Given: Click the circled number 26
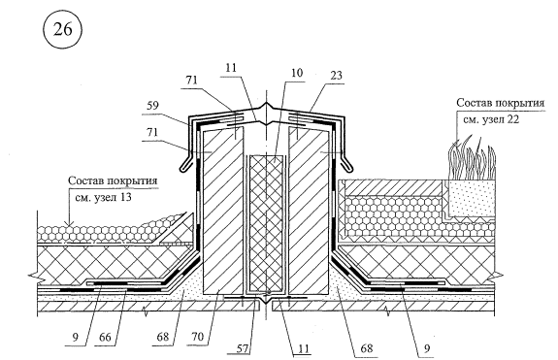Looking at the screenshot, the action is (63, 29).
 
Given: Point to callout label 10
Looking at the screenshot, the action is (296, 73).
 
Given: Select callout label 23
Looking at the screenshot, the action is (336, 75).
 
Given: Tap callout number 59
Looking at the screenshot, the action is (152, 106).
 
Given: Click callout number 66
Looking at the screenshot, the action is (105, 337).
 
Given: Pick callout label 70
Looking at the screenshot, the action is (197, 336).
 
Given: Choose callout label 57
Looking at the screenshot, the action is (243, 348).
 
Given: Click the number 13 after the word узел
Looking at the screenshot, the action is (125, 197).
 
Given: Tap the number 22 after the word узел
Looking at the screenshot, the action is (512, 119).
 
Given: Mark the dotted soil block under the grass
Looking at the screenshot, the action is (469, 197).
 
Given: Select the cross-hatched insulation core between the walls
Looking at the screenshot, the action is (267, 222).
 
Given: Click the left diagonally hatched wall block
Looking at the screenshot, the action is (223, 211).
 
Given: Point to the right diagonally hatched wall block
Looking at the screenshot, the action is (309, 211).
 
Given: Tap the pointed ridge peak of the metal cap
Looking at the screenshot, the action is (266, 104).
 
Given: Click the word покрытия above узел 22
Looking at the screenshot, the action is (520, 103).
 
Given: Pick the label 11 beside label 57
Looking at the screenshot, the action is (303, 348).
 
